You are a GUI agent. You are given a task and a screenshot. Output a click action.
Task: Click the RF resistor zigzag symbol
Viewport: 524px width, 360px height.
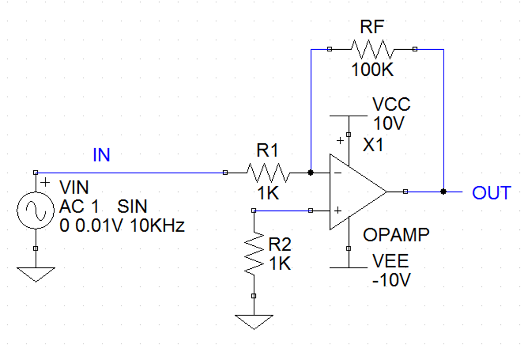tap(372, 50)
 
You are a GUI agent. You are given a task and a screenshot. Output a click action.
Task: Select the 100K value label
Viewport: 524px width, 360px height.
tap(373, 70)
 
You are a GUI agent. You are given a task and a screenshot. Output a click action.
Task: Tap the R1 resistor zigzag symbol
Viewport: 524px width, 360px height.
tap(268, 173)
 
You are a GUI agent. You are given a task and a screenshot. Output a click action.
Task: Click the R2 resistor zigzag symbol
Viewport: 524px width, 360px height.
tap(254, 253)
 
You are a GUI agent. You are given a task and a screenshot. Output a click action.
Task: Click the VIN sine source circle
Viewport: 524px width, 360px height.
tap(36, 210)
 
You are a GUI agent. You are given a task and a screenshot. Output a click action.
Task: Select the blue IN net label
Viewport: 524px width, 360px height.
tap(101, 155)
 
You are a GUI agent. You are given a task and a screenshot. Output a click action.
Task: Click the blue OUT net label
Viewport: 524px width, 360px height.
tap(491, 193)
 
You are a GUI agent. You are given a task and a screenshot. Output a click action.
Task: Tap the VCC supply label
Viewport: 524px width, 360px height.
tap(391, 104)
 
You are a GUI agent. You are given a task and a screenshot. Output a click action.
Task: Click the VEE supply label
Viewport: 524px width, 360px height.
tap(390, 261)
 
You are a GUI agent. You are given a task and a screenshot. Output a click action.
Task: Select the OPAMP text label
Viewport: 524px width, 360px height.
tap(396, 235)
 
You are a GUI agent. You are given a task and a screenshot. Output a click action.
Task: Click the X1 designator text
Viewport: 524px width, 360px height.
tap(373, 145)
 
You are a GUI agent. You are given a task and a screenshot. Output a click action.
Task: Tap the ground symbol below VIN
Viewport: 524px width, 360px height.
tap(36, 274)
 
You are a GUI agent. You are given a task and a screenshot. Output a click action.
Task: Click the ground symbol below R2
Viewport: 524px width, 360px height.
tap(254, 322)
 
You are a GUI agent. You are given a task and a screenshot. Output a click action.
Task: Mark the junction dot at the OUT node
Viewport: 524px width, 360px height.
tap(443, 192)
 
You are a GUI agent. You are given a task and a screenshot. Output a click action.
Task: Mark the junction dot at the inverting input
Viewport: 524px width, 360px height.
tap(311, 173)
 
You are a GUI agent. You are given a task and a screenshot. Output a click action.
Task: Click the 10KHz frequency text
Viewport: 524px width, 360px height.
tap(158, 225)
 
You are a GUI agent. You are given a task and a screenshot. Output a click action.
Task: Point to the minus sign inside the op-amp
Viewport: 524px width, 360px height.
tap(338, 174)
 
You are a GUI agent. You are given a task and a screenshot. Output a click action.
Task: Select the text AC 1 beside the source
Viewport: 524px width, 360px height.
tap(80, 207)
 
